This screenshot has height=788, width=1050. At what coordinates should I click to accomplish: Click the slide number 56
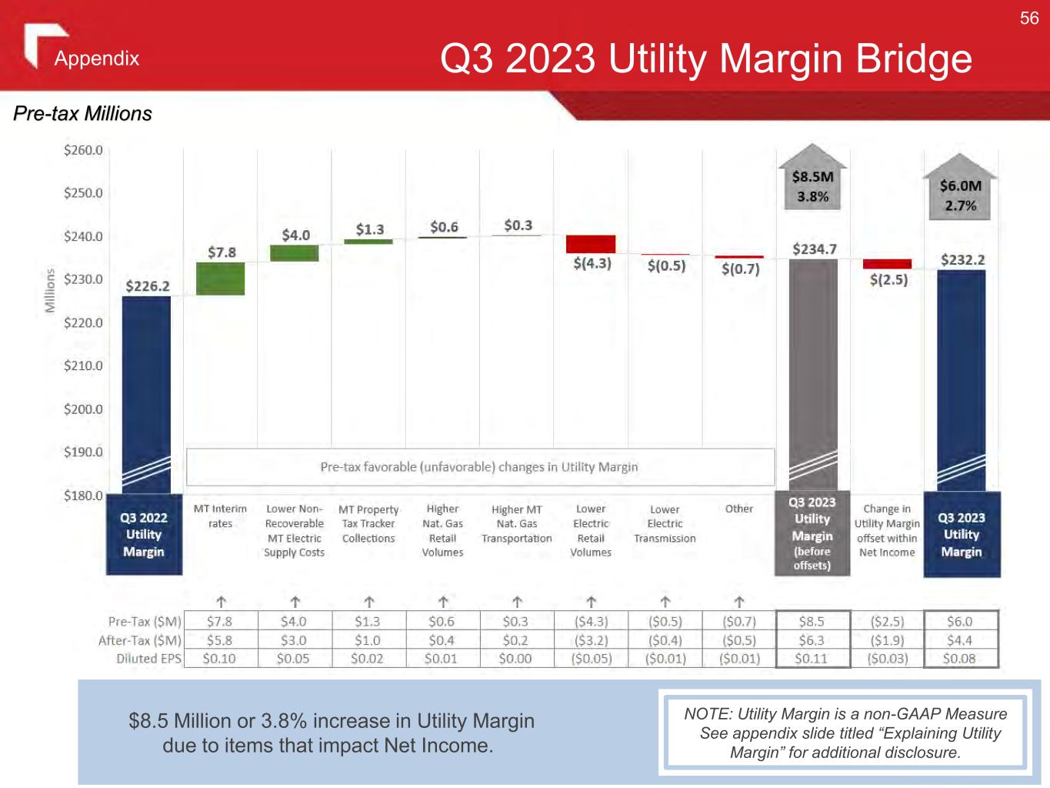click(x=1029, y=18)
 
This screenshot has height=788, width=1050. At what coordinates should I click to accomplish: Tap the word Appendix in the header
click(x=97, y=58)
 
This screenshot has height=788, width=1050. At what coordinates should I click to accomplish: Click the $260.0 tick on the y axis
click(x=83, y=150)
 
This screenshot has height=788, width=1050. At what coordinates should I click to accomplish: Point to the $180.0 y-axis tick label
click(x=83, y=496)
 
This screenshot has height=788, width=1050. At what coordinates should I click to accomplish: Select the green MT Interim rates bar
click(x=221, y=279)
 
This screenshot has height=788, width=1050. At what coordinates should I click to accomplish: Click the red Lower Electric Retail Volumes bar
click(x=591, y=244)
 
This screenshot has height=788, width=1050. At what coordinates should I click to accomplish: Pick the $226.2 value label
click(x=148, y=286)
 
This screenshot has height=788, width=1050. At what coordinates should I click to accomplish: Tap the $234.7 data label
click(x=815, y=249)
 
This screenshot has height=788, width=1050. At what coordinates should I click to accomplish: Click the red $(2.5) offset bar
click(x=887, y=264)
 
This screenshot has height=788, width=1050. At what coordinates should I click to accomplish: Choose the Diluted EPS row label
click(x=148, y=659)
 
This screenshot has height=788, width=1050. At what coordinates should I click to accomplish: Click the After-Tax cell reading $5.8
click(x=219, y=640)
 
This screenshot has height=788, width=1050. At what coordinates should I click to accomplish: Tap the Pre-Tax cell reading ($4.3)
click(x=591, y=622)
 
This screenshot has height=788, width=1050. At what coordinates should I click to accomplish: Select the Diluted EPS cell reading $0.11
click(x=812, y=659)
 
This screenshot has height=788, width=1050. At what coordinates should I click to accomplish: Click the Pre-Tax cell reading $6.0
click(x=960, y=622)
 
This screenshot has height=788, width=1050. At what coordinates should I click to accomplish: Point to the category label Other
click(x=739, y=509)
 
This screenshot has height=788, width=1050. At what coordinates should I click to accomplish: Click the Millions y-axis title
click(x=50, y=290)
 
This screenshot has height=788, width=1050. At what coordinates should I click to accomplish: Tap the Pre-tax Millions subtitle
click(x=83, y=114)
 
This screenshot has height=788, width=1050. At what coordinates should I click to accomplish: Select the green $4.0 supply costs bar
click(x=295, y=253)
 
